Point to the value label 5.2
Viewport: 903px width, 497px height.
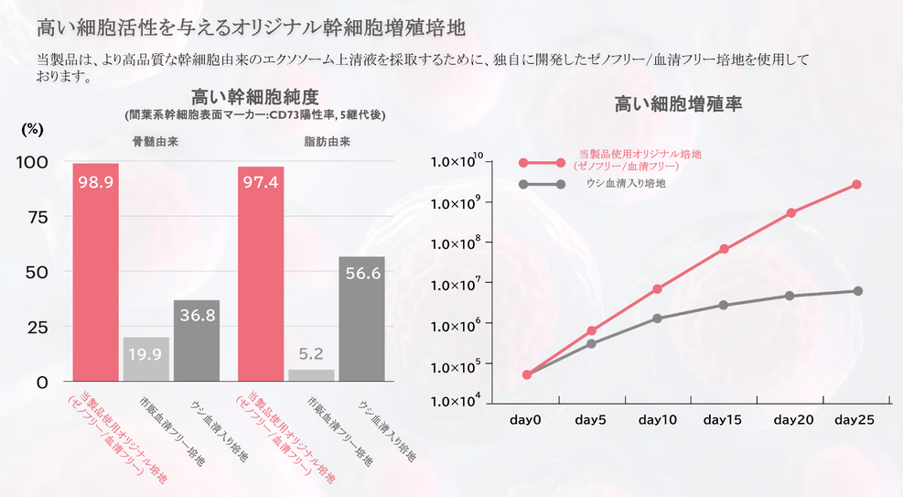(311, 353)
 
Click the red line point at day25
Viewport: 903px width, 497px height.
(856, 185)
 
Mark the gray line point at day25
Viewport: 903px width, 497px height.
(856, 291)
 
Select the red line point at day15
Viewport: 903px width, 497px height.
(724, 249)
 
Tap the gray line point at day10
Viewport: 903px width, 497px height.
(658, 319)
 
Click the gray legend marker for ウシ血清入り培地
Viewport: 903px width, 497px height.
(524, 184)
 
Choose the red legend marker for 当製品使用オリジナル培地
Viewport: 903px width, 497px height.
(524, 163)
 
